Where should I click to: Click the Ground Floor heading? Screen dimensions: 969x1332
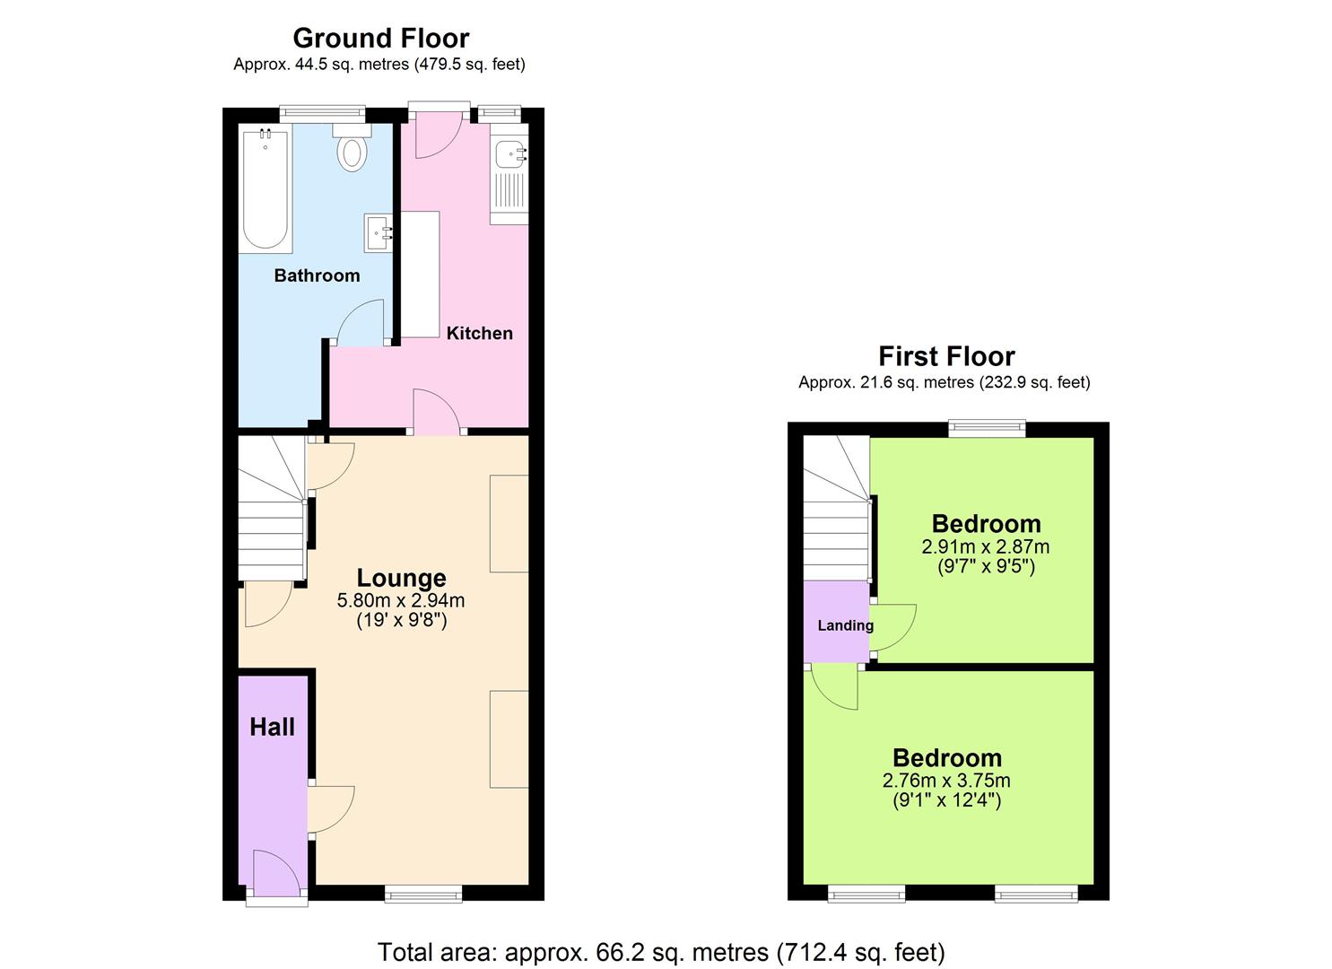380,38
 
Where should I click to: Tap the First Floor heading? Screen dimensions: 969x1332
946,356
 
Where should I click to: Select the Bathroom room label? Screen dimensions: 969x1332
317,275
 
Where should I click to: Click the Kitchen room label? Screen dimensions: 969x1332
480,333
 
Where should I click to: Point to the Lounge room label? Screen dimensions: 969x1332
401,578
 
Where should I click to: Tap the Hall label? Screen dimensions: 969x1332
272,727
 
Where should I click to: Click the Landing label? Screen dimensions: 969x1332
845,625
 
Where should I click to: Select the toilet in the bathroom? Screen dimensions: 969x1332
353,150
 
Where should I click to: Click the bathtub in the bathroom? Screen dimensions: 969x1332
266,189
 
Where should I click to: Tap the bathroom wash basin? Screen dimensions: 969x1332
379,233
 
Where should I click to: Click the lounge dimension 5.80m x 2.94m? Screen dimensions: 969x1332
401,600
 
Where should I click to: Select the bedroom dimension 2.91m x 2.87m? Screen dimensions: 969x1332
985,546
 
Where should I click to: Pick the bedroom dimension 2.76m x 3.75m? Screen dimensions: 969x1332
946,781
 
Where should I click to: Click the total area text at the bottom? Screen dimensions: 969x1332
661,952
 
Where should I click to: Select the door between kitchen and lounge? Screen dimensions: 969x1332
437,415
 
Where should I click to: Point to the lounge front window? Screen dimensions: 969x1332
423,893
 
